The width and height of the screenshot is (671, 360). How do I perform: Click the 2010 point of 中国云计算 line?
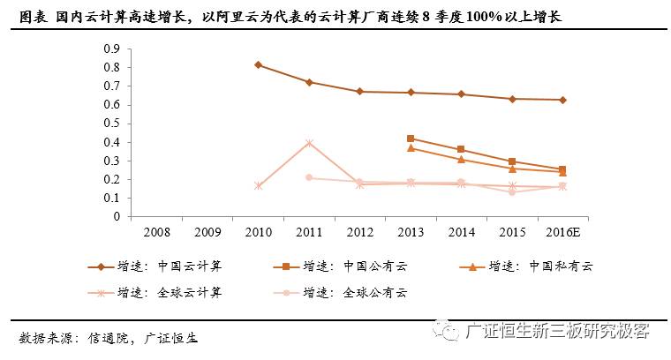[258, 64]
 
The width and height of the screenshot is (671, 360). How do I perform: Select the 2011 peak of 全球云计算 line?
[309, 143]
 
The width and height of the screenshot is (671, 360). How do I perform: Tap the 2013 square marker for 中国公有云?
[411, 139]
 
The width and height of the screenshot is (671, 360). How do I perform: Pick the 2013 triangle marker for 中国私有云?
[411, 148]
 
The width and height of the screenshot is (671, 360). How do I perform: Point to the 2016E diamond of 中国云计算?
[562, 100]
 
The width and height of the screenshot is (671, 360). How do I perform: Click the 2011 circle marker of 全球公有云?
[309, 177]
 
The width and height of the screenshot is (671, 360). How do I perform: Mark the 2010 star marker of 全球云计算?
[258, 186]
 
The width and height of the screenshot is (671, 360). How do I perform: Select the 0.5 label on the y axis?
[112, 124]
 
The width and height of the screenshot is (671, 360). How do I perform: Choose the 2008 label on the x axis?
[156, 231]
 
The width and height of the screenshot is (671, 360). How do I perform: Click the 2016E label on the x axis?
[562, 231]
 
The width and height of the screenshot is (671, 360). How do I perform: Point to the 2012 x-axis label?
[359, 231]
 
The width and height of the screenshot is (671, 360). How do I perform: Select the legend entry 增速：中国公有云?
[354, 266]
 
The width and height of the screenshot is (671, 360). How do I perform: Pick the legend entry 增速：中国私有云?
[540, 266]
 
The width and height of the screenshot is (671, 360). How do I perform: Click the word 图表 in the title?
[33, 17]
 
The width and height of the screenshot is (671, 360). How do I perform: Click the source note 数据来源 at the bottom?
[44, 337]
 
